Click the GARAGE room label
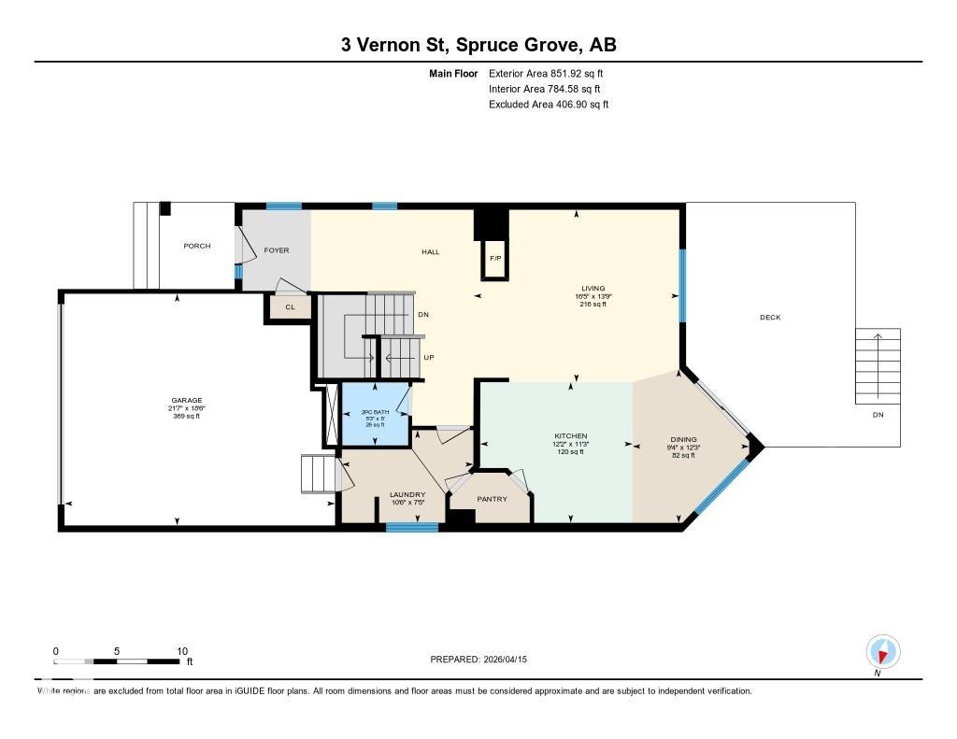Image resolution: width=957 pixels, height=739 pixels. [x=185, y=401]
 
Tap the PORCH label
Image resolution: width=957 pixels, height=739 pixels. [x=196, y=246]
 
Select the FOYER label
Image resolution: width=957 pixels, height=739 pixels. [x=276, y=250]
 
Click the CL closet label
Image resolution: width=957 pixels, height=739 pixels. [x=290, y=306]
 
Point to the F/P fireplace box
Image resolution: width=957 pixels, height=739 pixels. [x=495, y=259]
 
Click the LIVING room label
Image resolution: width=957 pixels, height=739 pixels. [x=591, y=289]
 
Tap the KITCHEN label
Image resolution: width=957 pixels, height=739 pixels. [x=570, y=436]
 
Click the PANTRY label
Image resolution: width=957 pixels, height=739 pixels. [x=492, y=499]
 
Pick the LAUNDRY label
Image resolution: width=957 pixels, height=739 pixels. [x=407, y=494]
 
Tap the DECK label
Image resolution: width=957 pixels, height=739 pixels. [x=769, y=318]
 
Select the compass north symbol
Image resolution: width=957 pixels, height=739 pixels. [x=882, y=650]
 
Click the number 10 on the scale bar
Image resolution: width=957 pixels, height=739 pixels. [x=182, y=651]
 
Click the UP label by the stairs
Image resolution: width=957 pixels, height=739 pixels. [x=429, y=358]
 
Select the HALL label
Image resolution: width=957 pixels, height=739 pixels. [x=430, y=251]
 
